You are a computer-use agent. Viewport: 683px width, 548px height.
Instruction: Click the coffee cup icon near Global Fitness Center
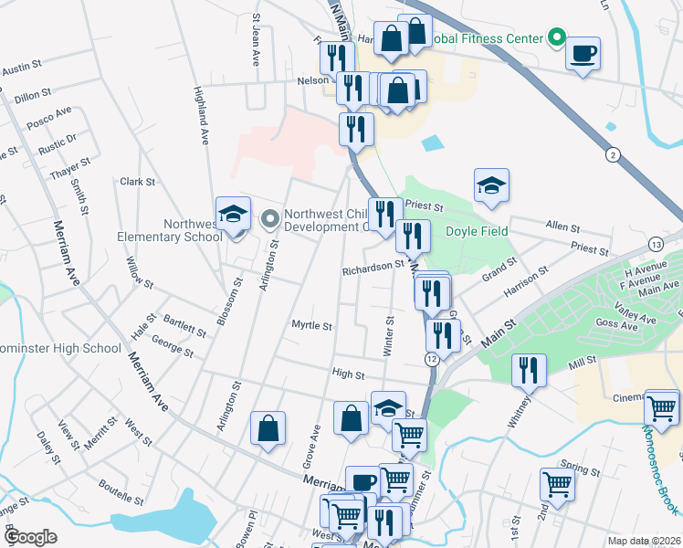[x=582, y=52]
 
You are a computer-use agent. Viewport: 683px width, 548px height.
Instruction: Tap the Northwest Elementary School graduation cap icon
[x=233, y=216]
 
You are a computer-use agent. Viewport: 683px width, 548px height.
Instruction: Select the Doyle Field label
[x=475, y=231]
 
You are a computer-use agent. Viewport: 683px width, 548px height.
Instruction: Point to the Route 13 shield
[x=656, y=244]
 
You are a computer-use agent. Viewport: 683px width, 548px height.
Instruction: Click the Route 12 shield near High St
[x=430, y=361]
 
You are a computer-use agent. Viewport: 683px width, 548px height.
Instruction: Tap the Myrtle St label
[x=311, y=325]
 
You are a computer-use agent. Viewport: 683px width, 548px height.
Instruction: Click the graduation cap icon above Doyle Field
[x=491, y=186]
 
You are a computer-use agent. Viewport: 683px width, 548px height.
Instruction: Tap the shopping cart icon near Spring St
[x=557, y=484]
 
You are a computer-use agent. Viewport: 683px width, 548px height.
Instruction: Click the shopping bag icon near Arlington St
[x=268, y=428]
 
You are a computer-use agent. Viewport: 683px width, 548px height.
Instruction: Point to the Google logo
[x=32, y=537]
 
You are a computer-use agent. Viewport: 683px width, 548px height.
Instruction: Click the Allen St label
[x=562, y=226]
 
